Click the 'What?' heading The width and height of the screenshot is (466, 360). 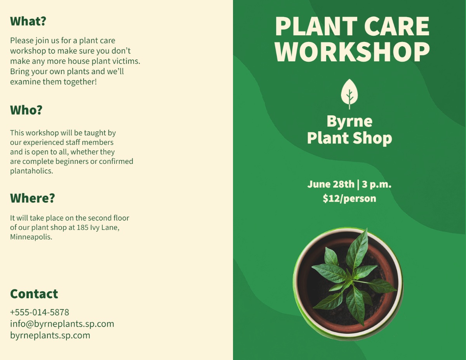tap(28, 21)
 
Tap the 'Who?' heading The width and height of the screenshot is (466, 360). tap(26, 110)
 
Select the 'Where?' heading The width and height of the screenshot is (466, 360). tap(33, 198)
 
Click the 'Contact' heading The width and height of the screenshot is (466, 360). tap(34, 294)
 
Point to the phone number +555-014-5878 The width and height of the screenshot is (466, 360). tap(40, 312)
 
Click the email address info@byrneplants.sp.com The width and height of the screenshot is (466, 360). tap(62, 324)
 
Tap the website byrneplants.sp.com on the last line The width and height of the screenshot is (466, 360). tap(50, 336)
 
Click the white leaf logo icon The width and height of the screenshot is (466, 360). tap(349, 94)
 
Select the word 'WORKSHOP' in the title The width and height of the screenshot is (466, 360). tap(352, 52)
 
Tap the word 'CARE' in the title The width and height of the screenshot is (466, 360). tap(397, 26)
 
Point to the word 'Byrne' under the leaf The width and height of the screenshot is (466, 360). tap(349, 122)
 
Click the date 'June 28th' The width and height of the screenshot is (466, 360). tap(331, 184)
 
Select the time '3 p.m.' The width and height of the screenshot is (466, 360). tap(377, 184)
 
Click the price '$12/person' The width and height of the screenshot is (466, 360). tap(349, 198)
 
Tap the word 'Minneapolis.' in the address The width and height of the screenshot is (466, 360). tap(31, 237)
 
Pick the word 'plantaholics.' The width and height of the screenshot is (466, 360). tap(31, 171)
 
